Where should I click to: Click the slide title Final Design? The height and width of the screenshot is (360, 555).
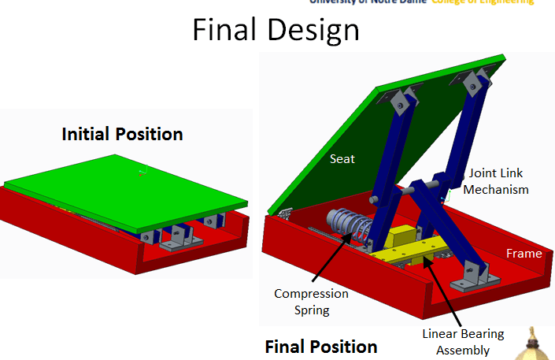click(x=276, y=31)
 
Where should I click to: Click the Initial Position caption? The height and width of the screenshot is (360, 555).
click(x=122, y=134)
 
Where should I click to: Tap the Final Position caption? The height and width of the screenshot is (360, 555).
click(x=320, y=347)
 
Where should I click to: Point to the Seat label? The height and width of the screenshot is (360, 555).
click(x=342, y=159)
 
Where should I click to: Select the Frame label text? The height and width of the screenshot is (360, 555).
click(x=524, y=254)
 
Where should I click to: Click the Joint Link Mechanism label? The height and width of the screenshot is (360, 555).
click(x=496, y=180)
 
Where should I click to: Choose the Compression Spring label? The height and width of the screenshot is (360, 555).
click(x=311, y=302)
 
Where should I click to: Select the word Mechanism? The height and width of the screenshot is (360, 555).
click(x=496, y=189)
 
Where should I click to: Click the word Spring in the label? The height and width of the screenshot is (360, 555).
click(x=311, y=310)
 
